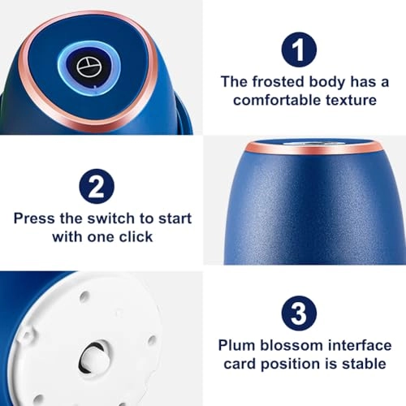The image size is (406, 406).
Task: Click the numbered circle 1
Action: pos(299,50)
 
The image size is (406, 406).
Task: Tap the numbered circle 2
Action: pos(97,186)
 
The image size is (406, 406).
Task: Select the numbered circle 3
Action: pos(299,313)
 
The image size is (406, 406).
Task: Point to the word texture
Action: pos(351,100)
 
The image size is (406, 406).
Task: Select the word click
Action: pos(136,237)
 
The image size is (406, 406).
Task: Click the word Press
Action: pos(34,218)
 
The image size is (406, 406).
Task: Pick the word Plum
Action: pos(236,345)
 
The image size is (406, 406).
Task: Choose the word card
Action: pos(240,364)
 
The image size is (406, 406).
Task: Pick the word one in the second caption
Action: pos(101,237)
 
